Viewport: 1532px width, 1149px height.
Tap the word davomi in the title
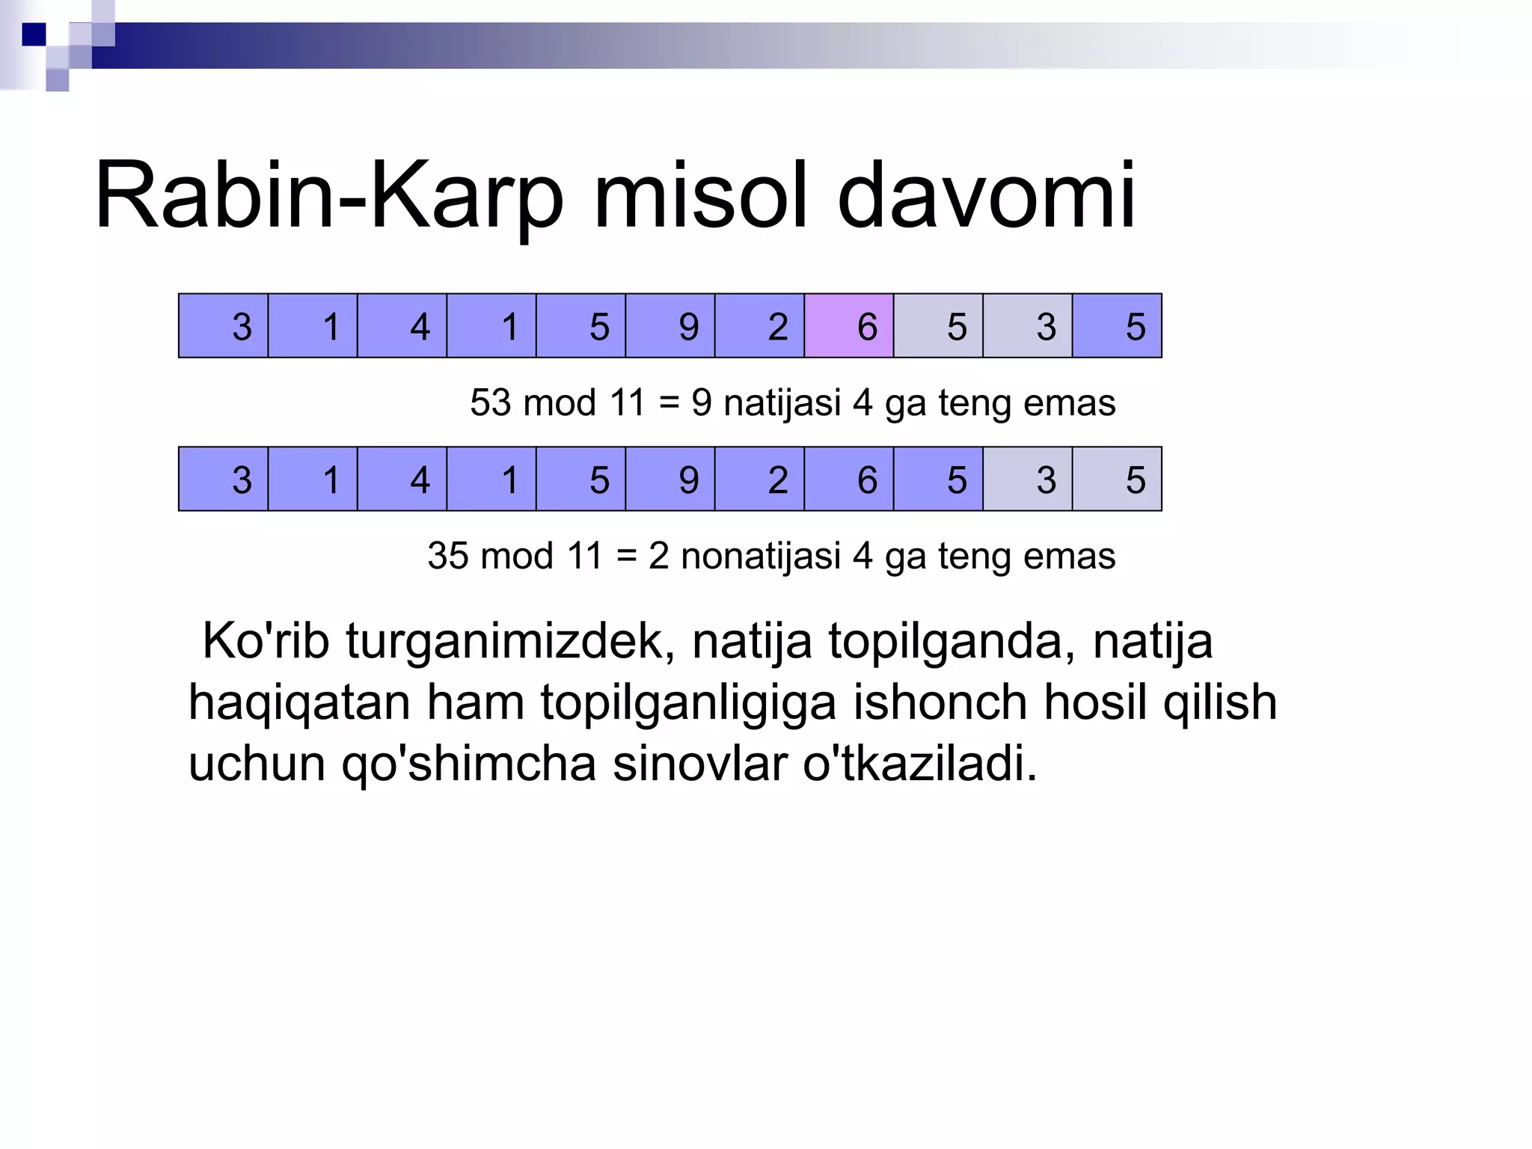(x=986, y=196)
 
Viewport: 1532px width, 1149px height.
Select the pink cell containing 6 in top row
(x=849, y=326)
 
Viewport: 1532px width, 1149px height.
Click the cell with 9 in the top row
(x=670, y=326)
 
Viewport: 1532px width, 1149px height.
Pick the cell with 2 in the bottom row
(x=759, y=479)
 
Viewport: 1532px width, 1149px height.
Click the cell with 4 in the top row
(x=402, y=326)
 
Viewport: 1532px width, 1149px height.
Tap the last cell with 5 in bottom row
(x=1117, y=479)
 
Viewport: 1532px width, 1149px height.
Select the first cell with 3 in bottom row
(x=224, y=479)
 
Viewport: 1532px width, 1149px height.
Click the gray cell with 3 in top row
(x=1028, y=326)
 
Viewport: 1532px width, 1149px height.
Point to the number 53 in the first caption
(x=491, y=403)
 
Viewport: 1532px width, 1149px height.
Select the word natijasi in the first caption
(x=782, y=403)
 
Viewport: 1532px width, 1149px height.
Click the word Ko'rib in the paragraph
(x=266, y=641)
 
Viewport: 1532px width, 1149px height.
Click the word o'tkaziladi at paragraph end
(x=920, y=764)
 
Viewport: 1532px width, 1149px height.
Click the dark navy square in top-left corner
(x=34, y=34)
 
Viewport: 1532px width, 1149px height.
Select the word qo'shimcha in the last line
(x=469, y=764)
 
